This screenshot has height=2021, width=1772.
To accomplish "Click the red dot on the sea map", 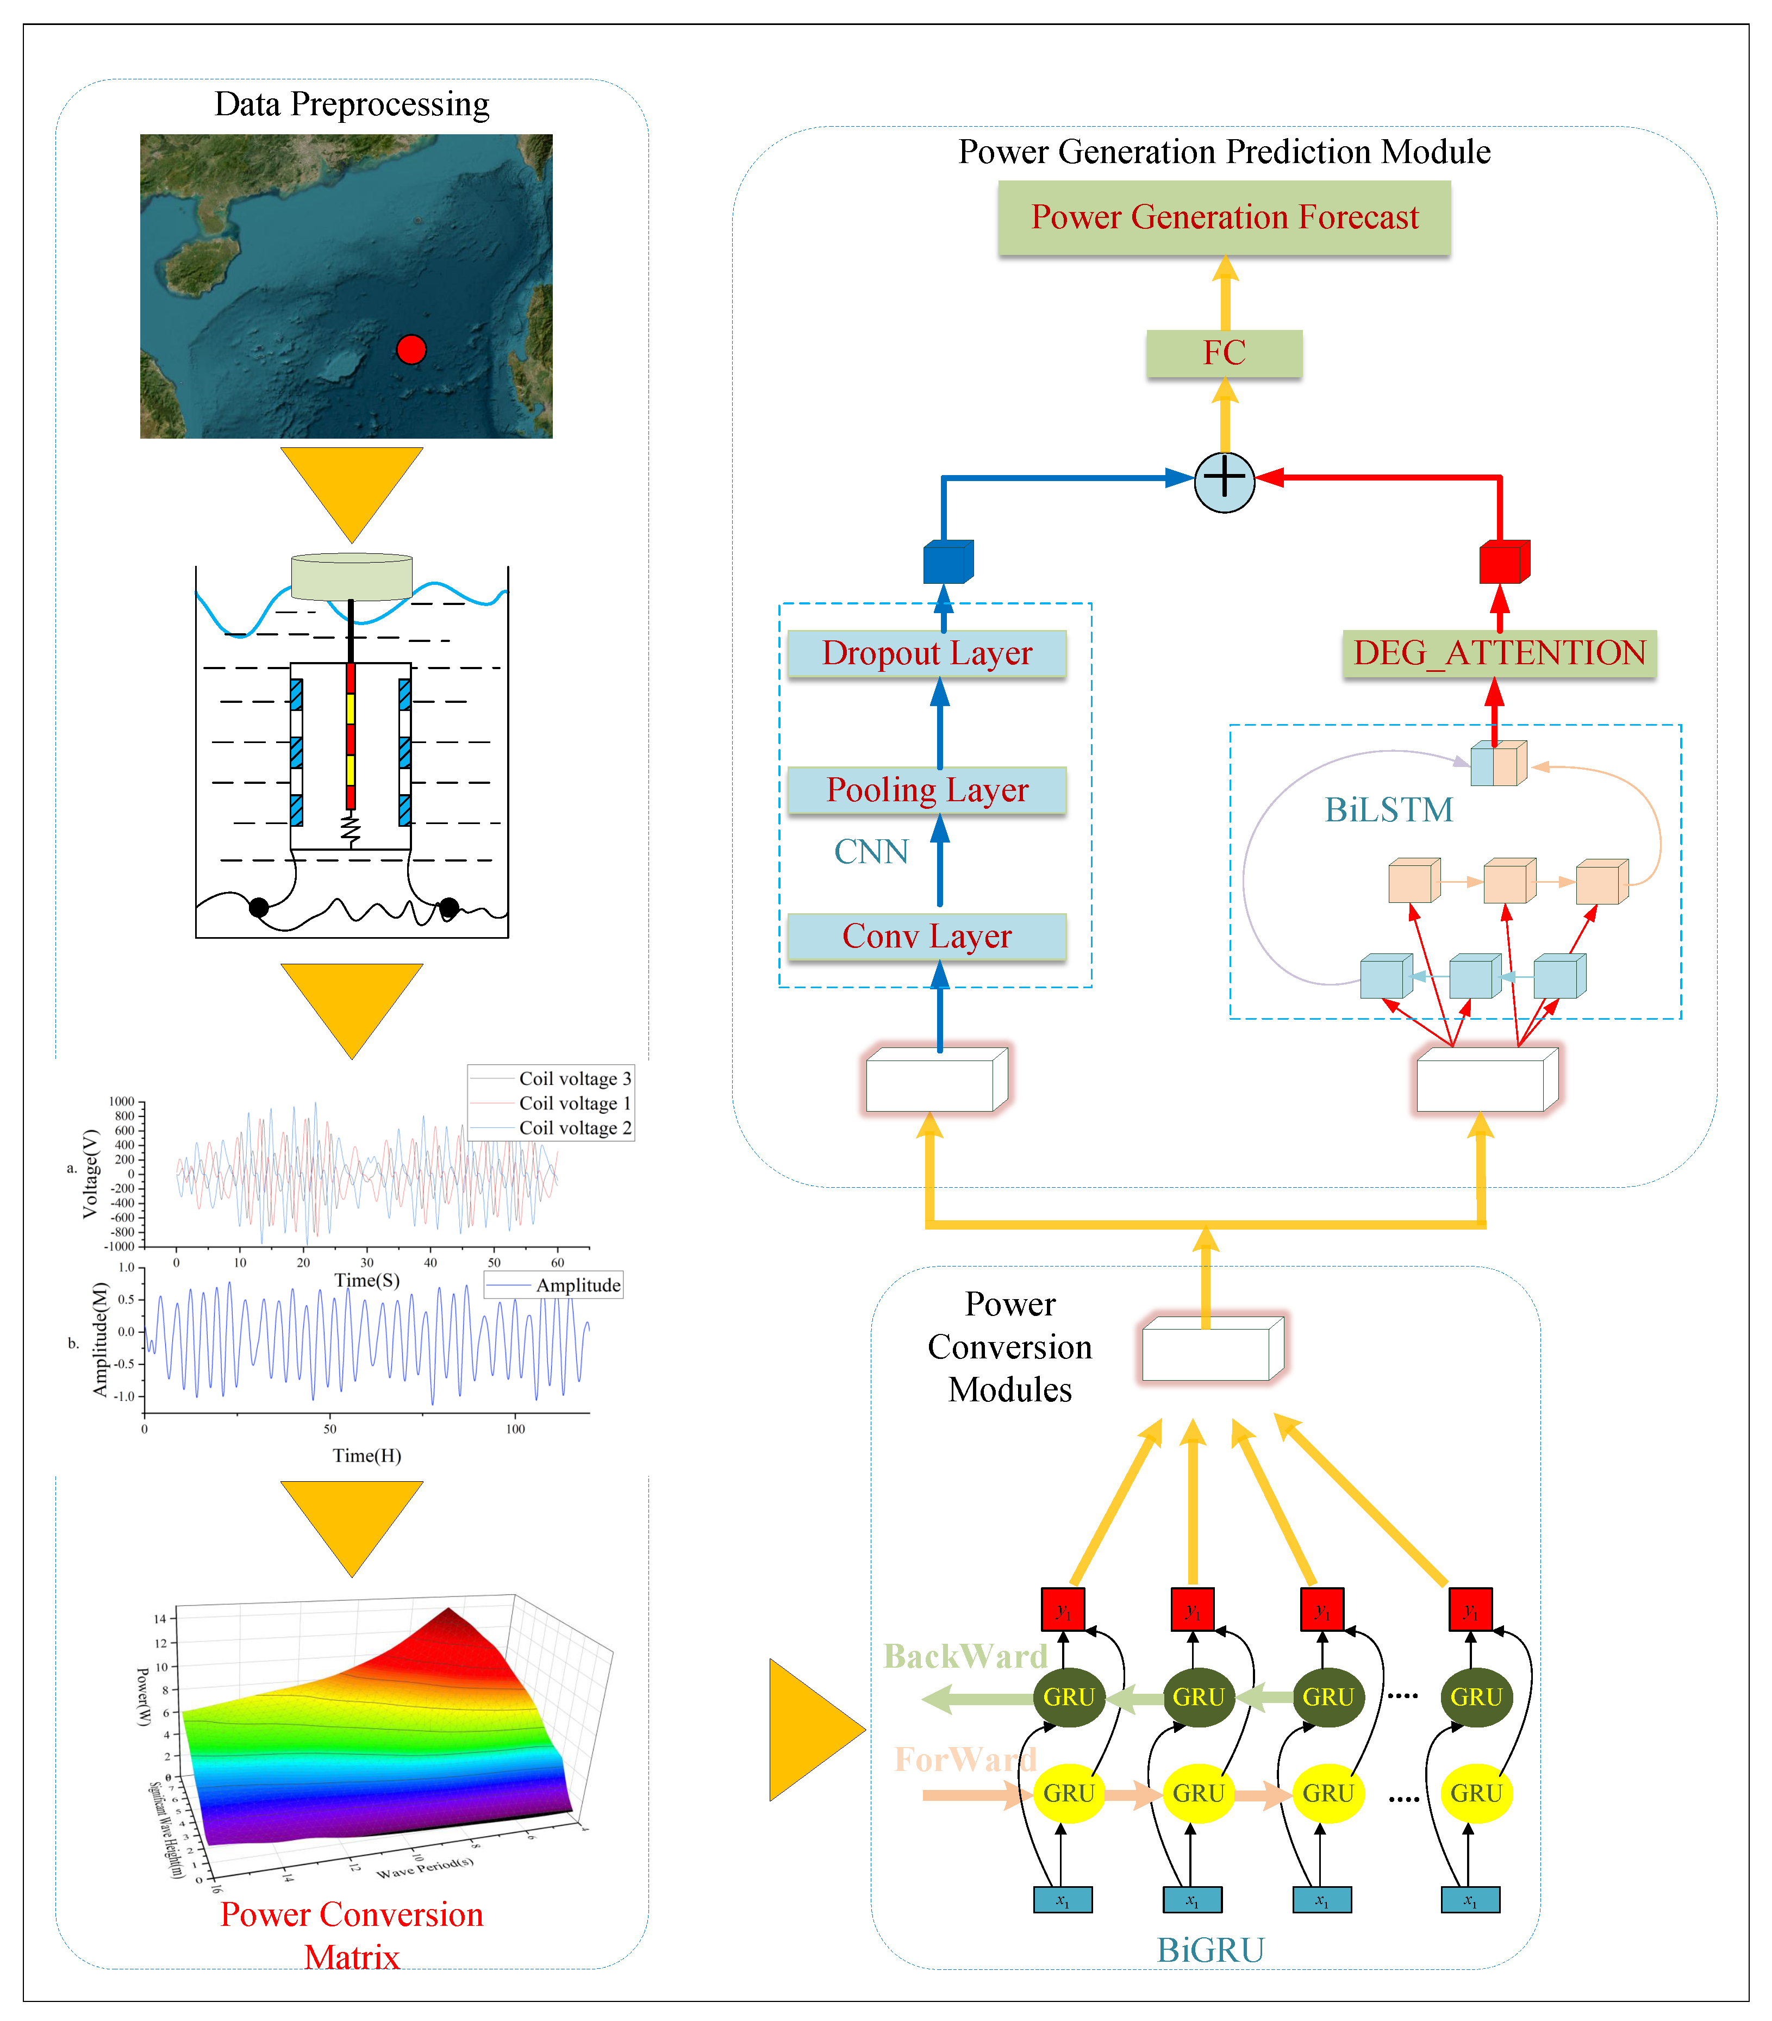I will pos(410,349).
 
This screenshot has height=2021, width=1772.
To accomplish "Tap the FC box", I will pos(1224,353).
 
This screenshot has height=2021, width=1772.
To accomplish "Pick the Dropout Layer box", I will pos(927,653).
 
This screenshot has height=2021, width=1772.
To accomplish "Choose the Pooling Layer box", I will pos(927,790).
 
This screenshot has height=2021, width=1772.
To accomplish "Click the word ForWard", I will pos(965,1759).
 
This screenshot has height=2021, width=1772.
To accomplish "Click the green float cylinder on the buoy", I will pos(352,576).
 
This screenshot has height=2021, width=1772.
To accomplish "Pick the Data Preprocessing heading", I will pos(352,104).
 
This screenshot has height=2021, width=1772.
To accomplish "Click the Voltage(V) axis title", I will pos(91,1174).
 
